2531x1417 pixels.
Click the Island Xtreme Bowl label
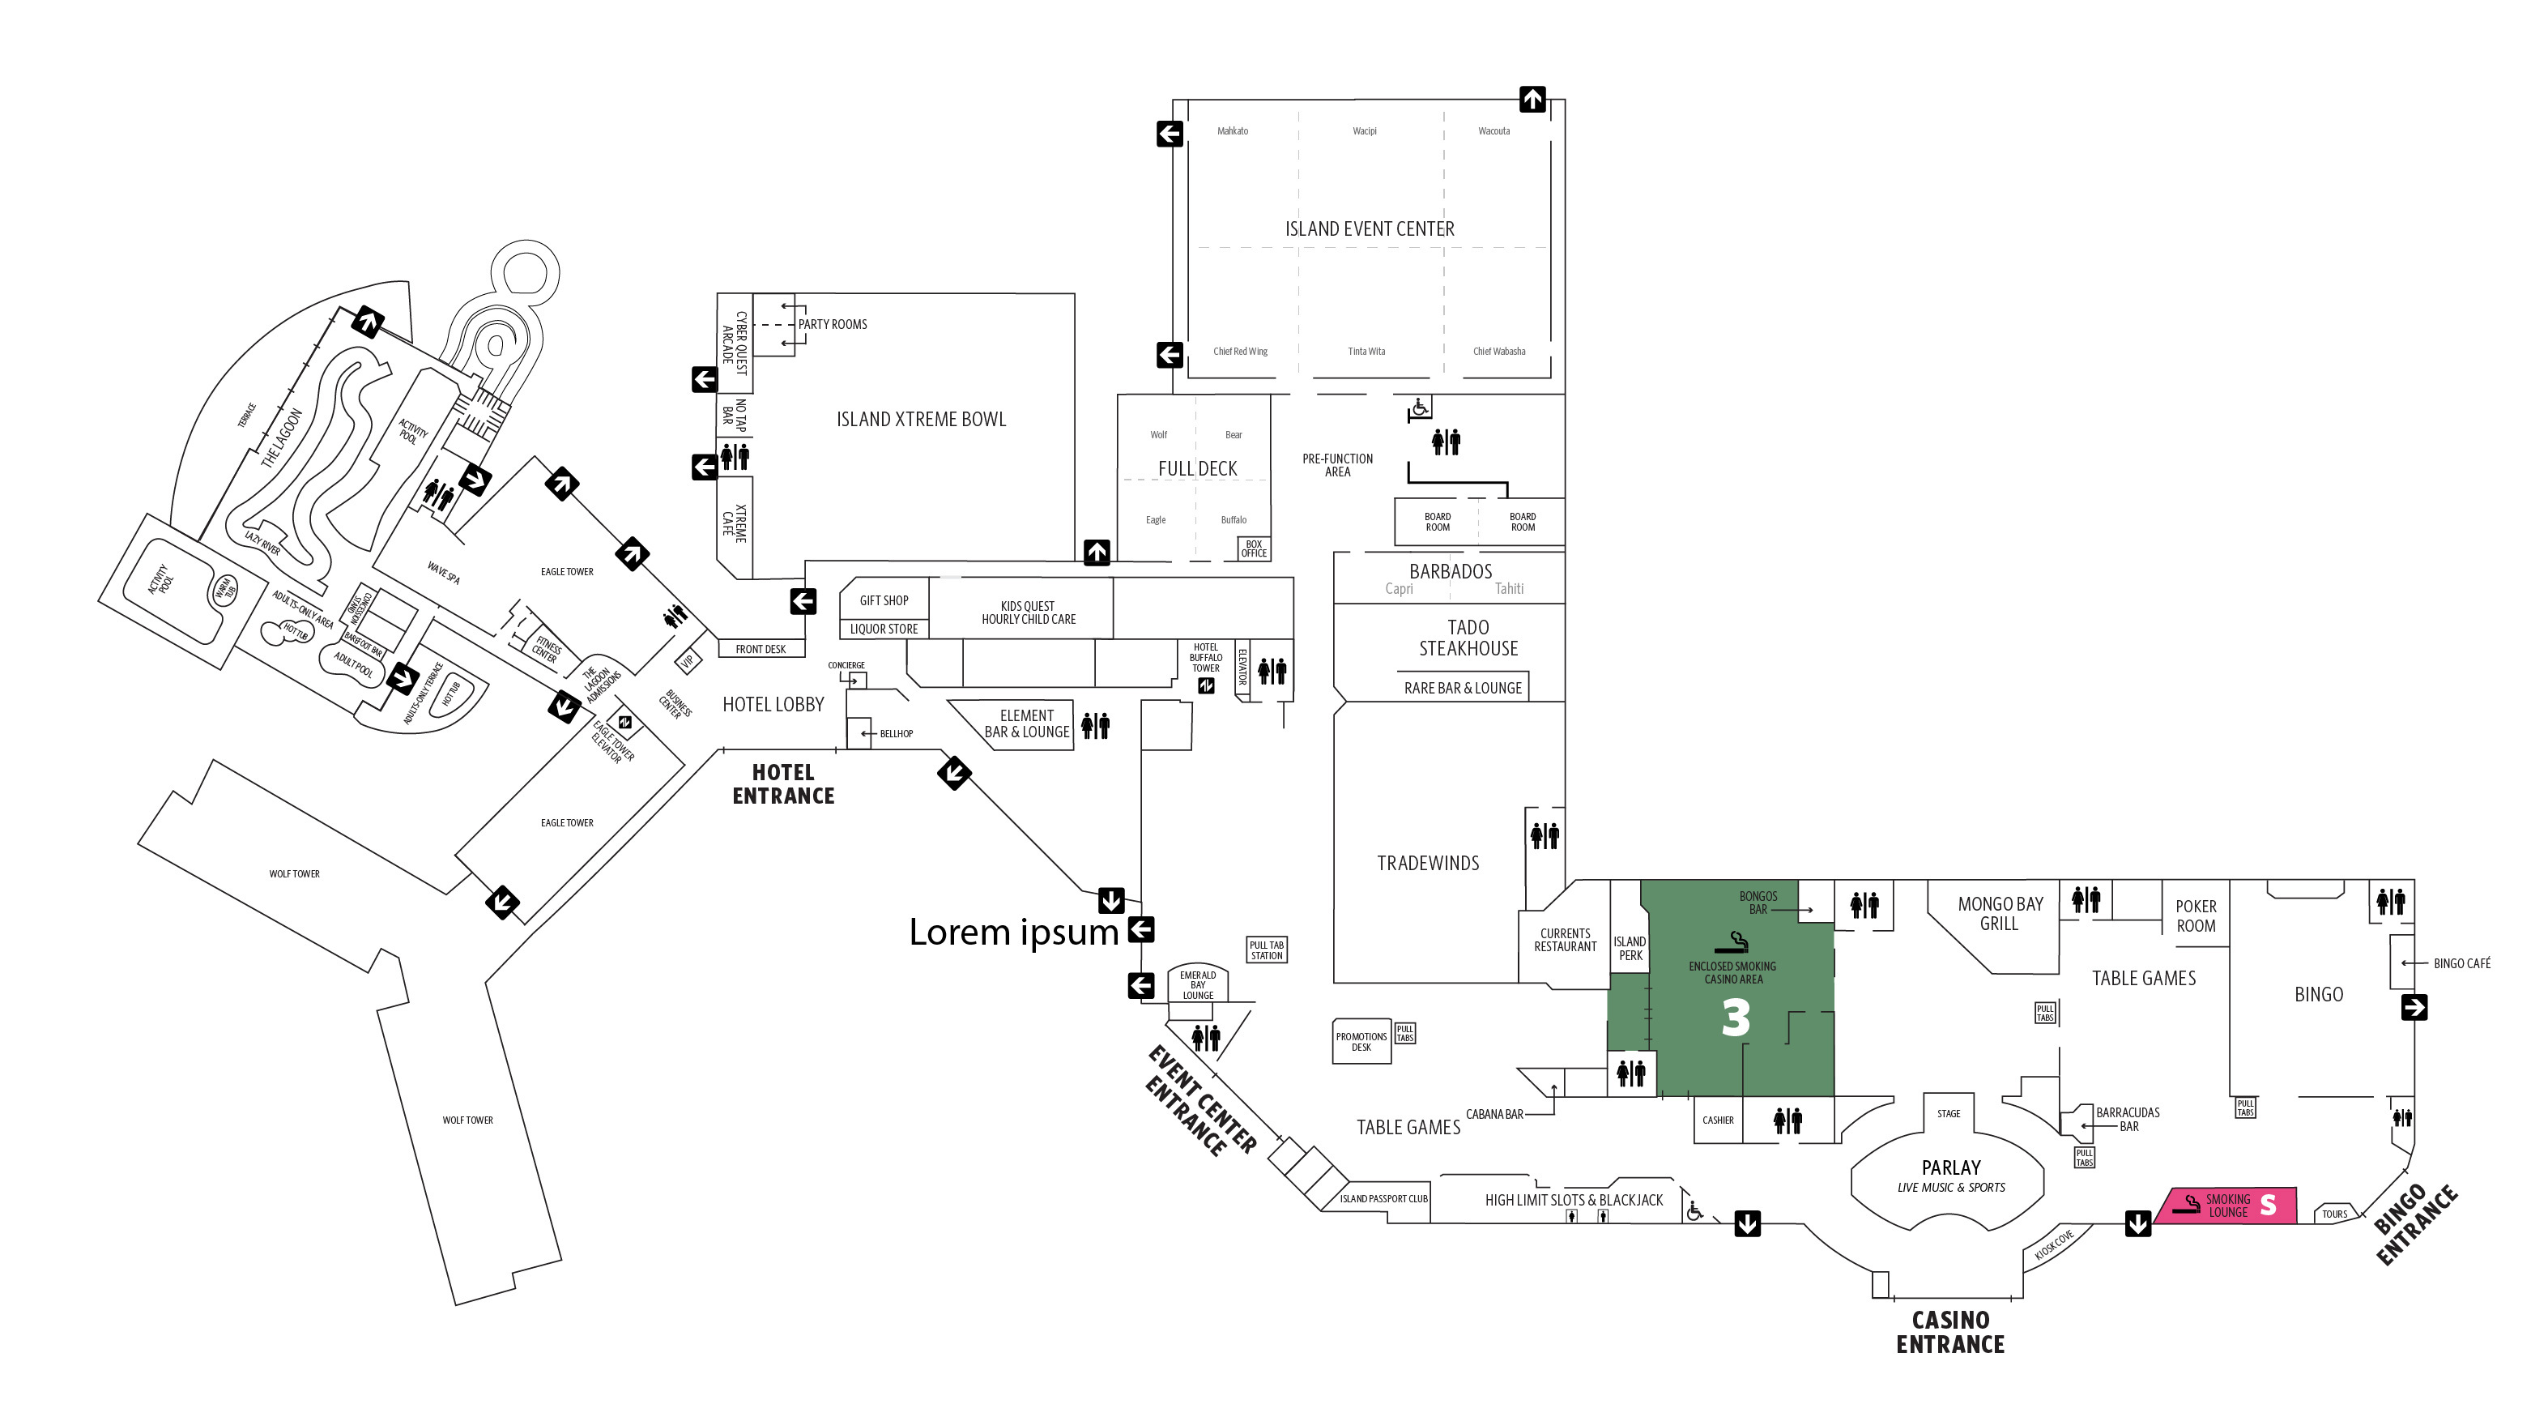point(921,420)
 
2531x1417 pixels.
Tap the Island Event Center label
point(1370,229)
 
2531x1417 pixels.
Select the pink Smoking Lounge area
point(2226,1206)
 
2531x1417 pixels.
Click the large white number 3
point(1735,1018)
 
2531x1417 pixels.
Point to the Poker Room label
point(2196,916)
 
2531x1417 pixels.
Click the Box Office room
point(1254,548)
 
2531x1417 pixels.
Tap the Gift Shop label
point(884,600)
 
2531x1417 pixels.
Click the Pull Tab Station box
point(1267,950)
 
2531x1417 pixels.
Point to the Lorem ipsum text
point(1014,932)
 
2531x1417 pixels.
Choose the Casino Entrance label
point(1950,1333)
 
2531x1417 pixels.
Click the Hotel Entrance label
point(783,784)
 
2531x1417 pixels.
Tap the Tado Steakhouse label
point(1468,638)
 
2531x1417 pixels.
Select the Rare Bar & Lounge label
point(1463,688)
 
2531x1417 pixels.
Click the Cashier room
point(1719,1120)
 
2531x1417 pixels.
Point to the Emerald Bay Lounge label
point(1198,984)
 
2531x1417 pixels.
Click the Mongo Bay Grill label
point(2001,914)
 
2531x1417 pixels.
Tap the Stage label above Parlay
point(1949,1113)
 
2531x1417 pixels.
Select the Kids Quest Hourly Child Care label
point(1028,613)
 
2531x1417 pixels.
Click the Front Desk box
point(761,650)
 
